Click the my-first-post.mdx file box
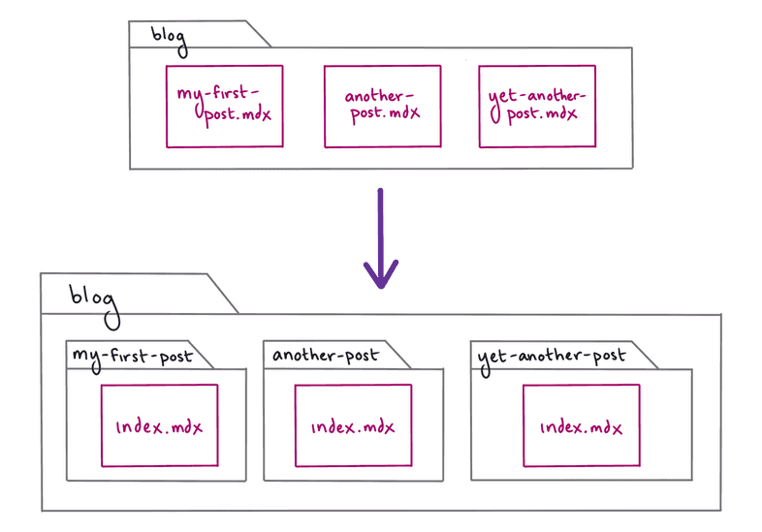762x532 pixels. click(x=224, y=106)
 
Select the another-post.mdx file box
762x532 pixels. click(x=382, y=106)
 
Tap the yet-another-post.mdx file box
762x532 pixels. click(x=536, y=106)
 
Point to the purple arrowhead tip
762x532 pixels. click(x=381, y=287)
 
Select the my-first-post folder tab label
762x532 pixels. click(x=131, y=357)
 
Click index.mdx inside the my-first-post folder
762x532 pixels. click(x=159, y=426)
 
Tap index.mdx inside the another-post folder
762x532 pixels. click(x=353, y=426)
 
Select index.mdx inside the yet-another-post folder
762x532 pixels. click(x=581, y=426)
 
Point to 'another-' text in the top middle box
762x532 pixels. click(x=379, y=96)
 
